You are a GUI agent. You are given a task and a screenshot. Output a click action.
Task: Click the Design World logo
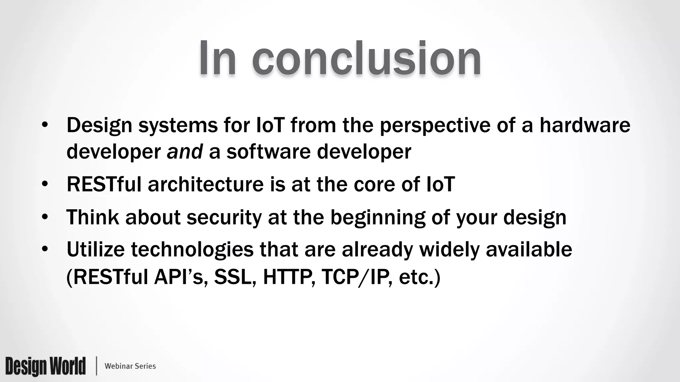click(x=45, y=366)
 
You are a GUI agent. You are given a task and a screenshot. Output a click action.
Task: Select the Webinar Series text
click(x=130, y=366)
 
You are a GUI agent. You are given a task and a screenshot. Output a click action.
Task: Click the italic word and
click(x=185, y=152)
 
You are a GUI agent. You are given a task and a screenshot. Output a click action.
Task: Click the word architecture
click(x=206, y=184)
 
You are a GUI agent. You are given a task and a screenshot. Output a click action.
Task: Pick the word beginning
click(x=378, y=218)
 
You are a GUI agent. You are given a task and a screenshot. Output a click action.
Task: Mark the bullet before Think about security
click(x=45, y=218)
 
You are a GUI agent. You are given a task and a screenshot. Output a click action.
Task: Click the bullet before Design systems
click(x=45, y=125)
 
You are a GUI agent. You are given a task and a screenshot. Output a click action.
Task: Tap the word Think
click(x=93, y=217)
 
